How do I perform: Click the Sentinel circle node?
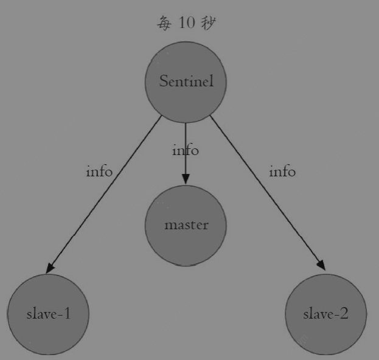(186, 82)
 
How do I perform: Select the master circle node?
(186, 226)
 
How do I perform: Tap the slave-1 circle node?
(48, 314)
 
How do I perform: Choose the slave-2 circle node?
(326, 314)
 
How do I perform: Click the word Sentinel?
(186, 81)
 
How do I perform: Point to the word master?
(186, 225)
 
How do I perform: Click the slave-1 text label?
(48, 314)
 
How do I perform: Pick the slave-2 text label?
(325, 314)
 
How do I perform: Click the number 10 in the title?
(187, 22)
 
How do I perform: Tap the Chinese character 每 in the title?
(164, 23)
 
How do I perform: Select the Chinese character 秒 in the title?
(208, 23)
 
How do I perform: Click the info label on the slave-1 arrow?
(99, 171)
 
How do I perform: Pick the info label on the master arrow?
(186, 150)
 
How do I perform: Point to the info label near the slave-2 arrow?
(282, 171)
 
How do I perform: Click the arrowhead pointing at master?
(186, 179)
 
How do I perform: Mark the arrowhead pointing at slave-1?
(50, 268)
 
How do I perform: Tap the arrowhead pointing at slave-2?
(321, 265)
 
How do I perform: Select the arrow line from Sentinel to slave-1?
(103, 195)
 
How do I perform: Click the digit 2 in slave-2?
(344, 313)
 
